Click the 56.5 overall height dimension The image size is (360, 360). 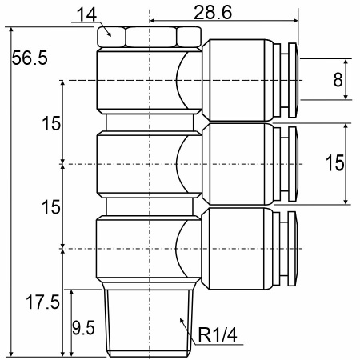(x=30, y=58)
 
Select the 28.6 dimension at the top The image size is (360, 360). (x=213, y=12)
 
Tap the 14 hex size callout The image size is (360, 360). (x=86, y=14)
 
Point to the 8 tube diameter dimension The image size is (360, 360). (x=338, y=79)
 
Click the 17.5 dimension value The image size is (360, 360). (x=42, y=302)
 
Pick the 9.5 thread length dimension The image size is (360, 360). (x=83, y=327)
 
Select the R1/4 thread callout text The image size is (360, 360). (x=218, y=334)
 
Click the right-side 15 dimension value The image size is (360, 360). (x=335, y=163)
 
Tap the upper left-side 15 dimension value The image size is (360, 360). (x=51, y=123)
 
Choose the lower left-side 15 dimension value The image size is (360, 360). (x=51, y=207)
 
